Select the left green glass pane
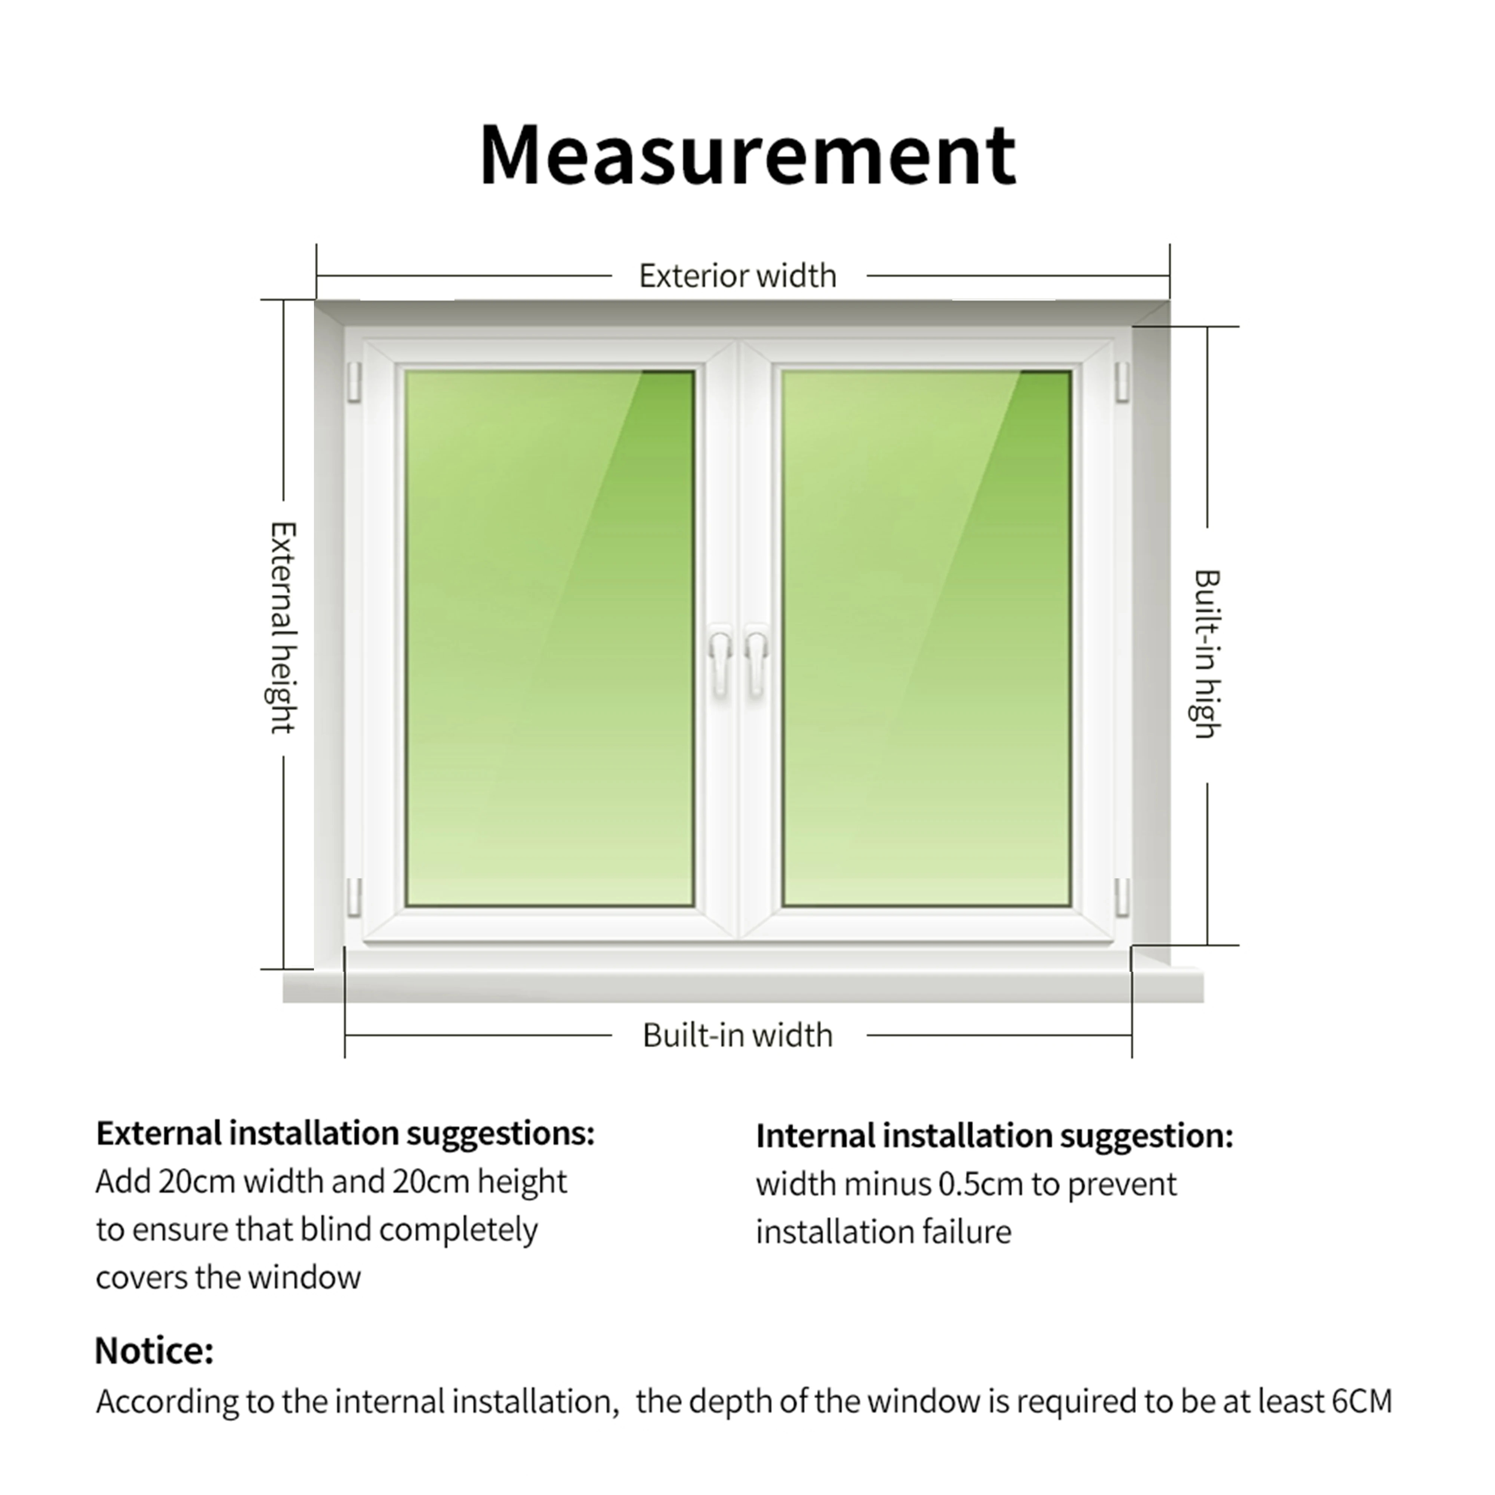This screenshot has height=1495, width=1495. (x=549, y=638)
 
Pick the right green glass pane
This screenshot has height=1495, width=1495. (x=926, y=638)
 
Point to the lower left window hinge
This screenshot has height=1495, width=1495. (x=354, y=896)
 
